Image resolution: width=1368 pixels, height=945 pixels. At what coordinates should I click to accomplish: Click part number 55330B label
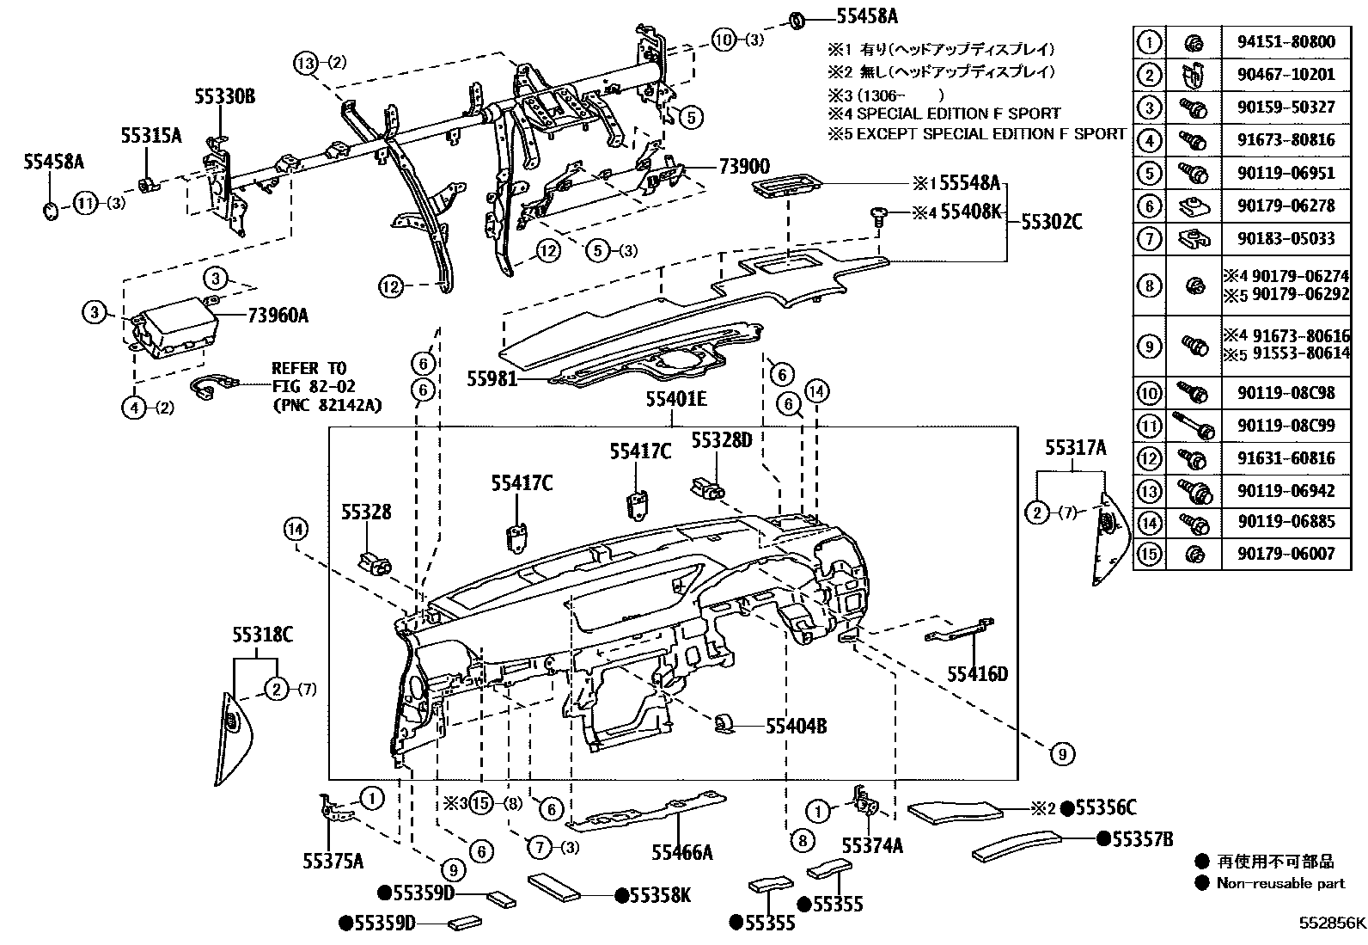pos(224,97)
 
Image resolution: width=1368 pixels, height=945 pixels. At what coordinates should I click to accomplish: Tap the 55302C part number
pos(1051,222)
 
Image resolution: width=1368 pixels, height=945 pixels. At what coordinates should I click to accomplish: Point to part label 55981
pos(492,377)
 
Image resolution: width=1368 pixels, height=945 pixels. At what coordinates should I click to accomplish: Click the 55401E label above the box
pos(677,399)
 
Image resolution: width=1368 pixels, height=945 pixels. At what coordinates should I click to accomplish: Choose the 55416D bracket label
pos(977,673)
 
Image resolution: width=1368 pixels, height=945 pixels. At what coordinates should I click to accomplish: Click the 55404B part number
pos(796,727)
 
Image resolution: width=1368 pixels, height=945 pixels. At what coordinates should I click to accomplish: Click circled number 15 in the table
pos(1149,553)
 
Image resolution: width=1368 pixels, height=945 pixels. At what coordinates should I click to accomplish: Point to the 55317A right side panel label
pos(1075,447)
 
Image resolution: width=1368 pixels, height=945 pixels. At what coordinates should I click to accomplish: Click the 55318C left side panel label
pos(262,635)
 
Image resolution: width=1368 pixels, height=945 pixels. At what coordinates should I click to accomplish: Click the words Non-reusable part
pos(1280,883)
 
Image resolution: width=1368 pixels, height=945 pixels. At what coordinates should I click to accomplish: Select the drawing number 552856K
pos(1331,924)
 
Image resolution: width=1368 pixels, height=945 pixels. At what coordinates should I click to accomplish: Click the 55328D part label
pos(722,440)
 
